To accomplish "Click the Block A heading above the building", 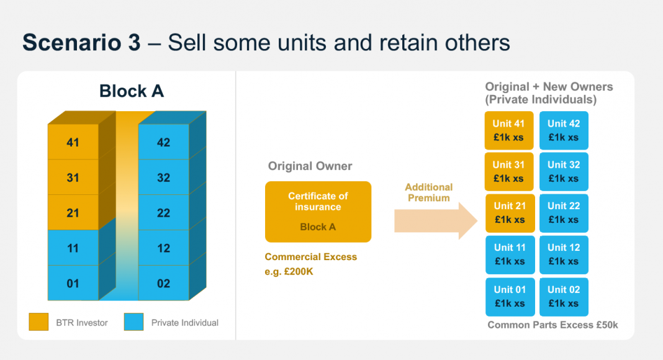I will [132, 91].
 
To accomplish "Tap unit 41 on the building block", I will [73, 142].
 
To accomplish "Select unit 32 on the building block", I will [163, 178].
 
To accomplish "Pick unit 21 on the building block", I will [73, 213].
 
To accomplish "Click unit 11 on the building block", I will [73, 248].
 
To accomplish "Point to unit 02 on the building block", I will [163, 284].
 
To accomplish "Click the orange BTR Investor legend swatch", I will [38, 322].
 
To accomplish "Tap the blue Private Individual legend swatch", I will [134, 322].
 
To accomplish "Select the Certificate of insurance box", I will [318, 212].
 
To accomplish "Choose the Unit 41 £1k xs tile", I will [509, 130].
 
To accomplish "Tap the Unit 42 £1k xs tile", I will [564, 130].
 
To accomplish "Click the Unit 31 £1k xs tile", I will [509, 171].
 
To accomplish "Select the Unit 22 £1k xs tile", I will [564, 212].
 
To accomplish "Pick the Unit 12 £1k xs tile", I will [564, 254].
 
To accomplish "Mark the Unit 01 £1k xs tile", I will [509, 296].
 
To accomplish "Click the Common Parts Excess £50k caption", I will [552, 325].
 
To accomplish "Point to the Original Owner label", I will [310, 166].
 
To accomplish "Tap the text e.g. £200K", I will [289, 271].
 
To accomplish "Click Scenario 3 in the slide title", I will [81, 43].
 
